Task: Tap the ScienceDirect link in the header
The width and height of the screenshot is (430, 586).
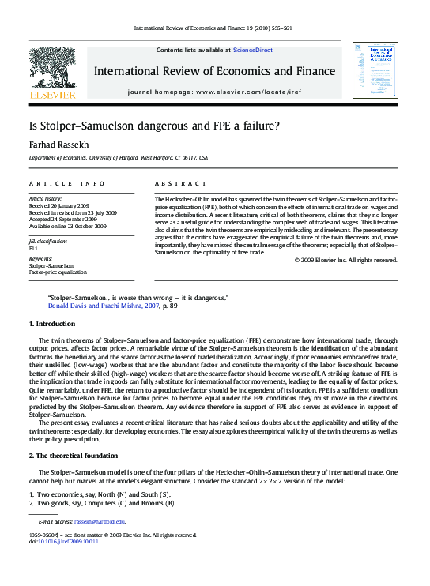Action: (252, 50)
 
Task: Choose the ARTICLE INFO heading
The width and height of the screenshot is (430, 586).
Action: (66, 182)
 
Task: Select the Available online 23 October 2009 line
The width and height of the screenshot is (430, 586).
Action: (67, 226)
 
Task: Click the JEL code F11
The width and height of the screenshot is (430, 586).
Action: (35, 247)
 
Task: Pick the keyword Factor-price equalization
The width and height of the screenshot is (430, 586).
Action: (58, 272)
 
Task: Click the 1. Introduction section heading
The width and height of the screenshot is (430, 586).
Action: (52, 324)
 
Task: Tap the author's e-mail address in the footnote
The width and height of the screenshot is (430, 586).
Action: (100, 522)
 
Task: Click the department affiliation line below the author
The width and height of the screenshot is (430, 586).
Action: (119, 158)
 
